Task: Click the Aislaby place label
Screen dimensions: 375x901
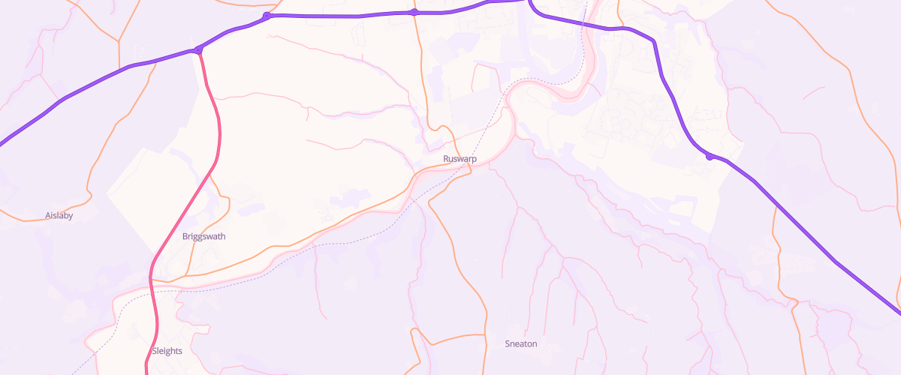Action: pyautogui.click(x=59, y=215)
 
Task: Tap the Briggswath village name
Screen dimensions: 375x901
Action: pyautogui.click(x=203, y=236)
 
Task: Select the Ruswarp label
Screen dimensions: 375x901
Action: pyautogui.click(x=460, y=159)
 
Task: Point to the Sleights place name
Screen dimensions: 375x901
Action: pyautogui.click(x=167, y=350)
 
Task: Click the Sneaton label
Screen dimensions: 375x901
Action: pyautogui.click(x=521, y=344)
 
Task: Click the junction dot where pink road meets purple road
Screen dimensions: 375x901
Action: pyautogui.click(x=197, y=50)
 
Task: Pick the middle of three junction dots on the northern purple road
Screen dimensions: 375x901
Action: pyautogui.click(x=267, y=16)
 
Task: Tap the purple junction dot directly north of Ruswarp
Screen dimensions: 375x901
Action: pyautogui.click(x=414, y=12)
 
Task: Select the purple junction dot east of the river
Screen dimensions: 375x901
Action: pyautogui.click(x=709, y=156)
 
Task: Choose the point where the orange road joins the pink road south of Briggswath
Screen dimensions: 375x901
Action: pyautogui.click(x=170, y=282)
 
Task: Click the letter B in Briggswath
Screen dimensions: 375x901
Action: pyautogui.click(x=185, y=236)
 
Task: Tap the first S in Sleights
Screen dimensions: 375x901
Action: pyautogui.click(x=154, y=350)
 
